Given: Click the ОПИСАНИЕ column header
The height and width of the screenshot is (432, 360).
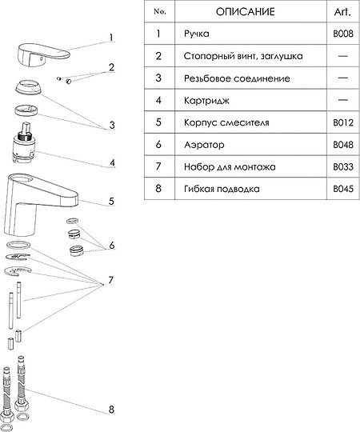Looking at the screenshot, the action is click(245, 11).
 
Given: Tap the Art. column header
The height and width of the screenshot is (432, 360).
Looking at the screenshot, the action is click(342, 11).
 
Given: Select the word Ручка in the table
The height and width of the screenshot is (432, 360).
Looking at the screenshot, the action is click(197, 34).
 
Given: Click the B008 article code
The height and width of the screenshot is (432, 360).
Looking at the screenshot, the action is click(343, 34).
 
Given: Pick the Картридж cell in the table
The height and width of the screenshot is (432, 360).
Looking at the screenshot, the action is click(206, 100).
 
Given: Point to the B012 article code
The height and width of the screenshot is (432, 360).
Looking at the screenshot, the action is click(343, 122).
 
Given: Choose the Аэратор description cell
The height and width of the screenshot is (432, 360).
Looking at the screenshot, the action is click(204, 144).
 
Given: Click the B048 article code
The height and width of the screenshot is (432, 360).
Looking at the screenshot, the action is click(343, 144).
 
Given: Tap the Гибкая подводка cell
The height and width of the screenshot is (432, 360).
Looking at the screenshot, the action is click(222, 189).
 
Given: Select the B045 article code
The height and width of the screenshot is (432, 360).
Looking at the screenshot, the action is click(343, 189).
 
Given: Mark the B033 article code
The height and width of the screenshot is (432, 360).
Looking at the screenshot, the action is click(343, 166).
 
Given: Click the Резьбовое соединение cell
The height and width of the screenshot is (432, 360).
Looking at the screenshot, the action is click(237, 78).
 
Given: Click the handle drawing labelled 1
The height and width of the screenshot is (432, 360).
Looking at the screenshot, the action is click(42, 54).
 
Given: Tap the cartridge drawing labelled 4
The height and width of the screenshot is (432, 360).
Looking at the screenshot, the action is click(23, 144).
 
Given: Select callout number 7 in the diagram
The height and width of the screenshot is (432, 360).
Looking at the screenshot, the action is click(110, 280).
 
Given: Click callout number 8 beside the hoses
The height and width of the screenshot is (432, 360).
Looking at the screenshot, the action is click(111, 409).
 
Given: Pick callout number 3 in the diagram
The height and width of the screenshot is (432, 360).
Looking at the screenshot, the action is click(112, 125).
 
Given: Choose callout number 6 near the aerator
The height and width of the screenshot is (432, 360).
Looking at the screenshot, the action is click(112, 246).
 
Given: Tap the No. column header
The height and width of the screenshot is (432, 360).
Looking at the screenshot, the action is click(160, 11).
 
